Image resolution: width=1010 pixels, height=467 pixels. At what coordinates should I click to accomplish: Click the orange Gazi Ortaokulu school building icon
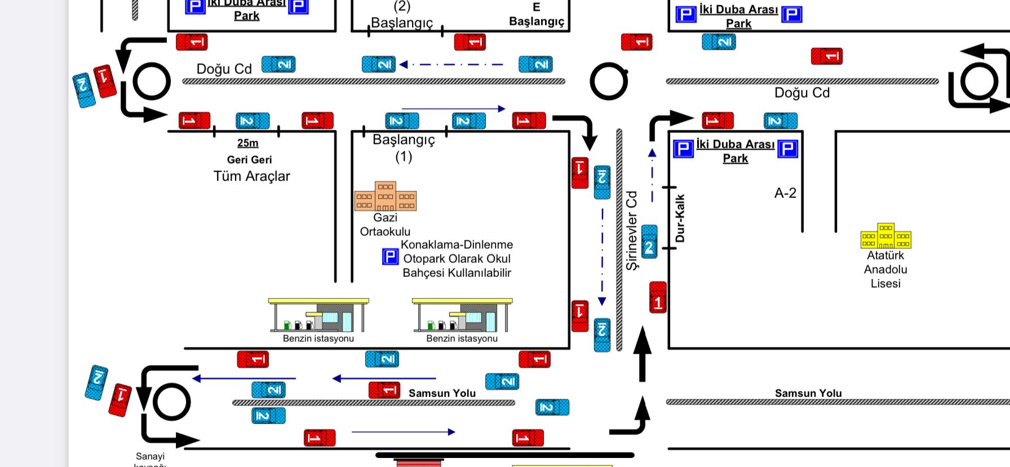386,196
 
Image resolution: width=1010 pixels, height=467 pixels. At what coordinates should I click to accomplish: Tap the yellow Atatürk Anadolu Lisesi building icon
885,236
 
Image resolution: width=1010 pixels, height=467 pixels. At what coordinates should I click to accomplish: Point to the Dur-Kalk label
680,218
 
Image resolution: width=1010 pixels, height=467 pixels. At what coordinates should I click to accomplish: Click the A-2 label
785,193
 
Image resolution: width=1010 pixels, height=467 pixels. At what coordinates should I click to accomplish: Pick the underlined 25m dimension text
247,143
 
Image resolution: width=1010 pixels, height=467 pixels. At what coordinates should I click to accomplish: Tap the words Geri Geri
249,160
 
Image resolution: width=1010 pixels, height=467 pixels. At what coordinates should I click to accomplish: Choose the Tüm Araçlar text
251,176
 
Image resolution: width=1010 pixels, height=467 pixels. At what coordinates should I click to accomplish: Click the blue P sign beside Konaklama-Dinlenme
390,257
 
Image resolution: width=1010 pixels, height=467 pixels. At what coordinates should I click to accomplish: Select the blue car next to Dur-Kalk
649,242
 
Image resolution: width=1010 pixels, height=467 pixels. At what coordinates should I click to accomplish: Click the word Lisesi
885,283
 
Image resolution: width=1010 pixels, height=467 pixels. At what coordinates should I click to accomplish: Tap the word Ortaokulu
385,231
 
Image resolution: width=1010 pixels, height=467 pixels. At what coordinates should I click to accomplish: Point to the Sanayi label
150,456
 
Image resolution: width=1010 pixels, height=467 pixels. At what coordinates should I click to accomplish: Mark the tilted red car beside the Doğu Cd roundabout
105,81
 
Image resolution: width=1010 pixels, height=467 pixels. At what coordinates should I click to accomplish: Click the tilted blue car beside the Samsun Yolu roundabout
96,382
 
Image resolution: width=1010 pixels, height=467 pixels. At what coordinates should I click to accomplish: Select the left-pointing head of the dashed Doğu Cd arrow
403,64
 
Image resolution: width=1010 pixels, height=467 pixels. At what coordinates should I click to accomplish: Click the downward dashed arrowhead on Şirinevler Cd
602,302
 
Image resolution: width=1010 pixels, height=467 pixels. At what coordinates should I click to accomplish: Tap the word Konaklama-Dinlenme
457,245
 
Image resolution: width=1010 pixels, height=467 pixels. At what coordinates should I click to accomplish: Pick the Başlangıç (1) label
404,147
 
